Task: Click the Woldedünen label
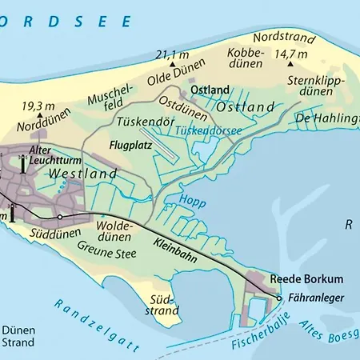(113, 232)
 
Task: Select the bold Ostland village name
(210, 90)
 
